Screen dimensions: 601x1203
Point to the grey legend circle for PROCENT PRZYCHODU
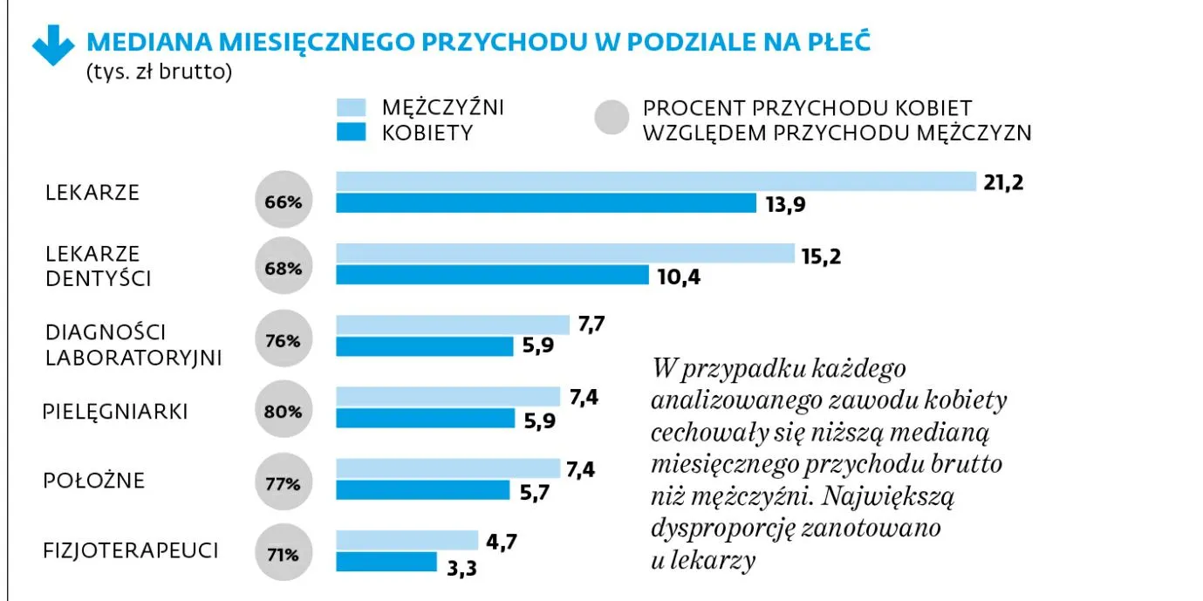click(x=612, y=120)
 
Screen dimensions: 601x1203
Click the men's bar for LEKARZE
click(x=655, y=181)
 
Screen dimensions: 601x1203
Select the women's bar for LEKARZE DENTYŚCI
click(x=492, y=276)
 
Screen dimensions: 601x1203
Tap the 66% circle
click(x=284, y=201)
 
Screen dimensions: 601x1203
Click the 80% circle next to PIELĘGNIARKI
click(x=284, y=411)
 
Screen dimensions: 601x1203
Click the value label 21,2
click(x=1002, y=182)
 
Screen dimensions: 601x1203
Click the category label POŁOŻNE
click(x=94, y=481)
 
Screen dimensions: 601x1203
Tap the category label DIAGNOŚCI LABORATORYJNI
click(x=132, y=345)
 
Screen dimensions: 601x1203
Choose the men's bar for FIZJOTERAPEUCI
click(x=407, y=540)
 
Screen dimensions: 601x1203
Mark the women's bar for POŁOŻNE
click(x=422, y=490)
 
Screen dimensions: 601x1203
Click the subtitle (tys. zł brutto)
click(x=158, y=72)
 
